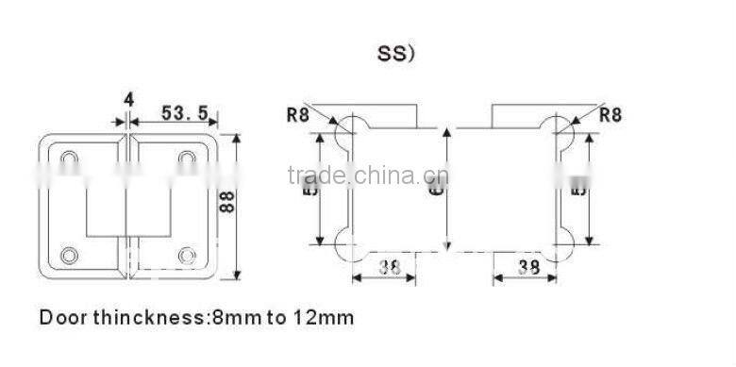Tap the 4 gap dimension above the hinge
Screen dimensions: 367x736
128,98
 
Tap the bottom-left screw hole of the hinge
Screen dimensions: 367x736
69,254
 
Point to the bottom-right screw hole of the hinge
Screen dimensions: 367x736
188,254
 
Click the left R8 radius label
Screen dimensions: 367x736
298,116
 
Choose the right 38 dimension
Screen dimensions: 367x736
529,267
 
